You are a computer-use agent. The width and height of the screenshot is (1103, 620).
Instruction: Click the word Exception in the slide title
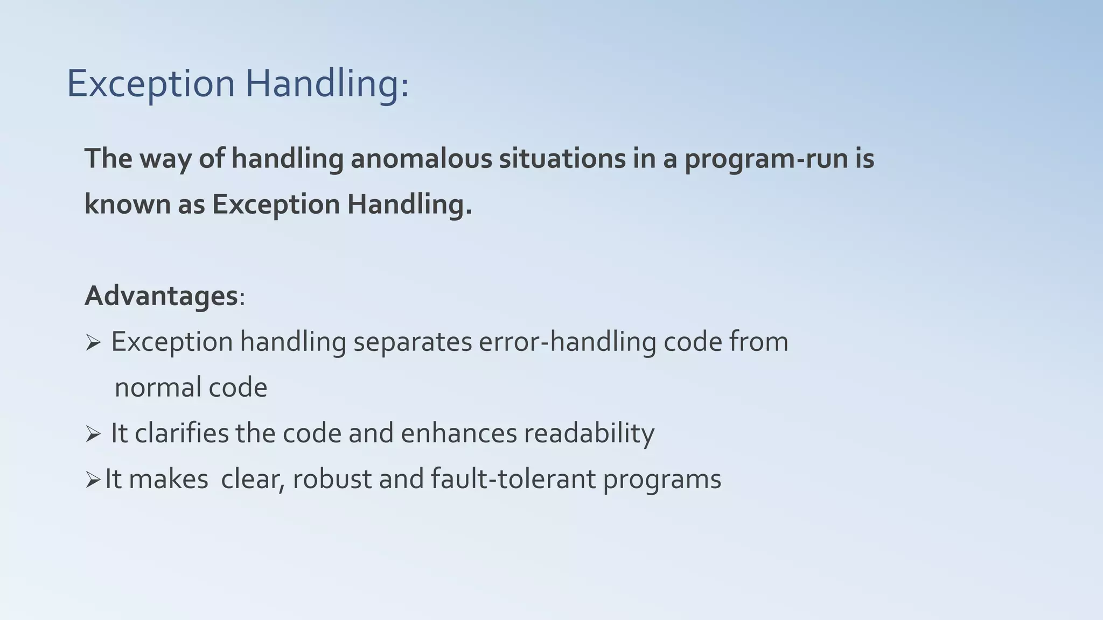point(151,84)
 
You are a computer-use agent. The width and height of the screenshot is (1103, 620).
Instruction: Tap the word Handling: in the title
point(327,84)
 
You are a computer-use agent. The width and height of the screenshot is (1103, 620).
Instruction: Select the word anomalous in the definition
point(421,159)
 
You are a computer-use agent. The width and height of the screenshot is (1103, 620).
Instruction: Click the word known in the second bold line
point(128,205)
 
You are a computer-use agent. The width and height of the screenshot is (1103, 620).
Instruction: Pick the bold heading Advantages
point(161,296)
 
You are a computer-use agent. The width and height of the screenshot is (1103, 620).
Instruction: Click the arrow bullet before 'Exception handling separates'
point(93,342)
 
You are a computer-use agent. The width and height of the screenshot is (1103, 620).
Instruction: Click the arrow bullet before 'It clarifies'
point(93,434)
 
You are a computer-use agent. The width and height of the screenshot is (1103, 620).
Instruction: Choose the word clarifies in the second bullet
point(181,434)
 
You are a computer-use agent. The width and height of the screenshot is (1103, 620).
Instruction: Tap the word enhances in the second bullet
point(458,434)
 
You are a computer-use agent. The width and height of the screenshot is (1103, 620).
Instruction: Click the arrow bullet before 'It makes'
point(93,480)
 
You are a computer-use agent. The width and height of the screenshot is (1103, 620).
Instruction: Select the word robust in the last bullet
point(332,480)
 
